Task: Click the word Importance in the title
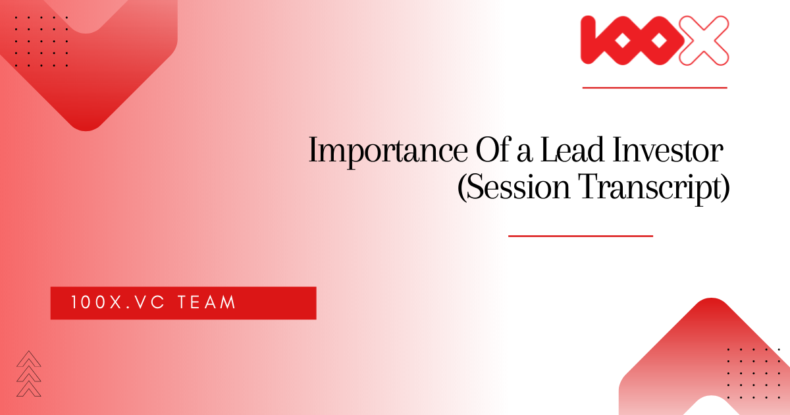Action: (388, 151)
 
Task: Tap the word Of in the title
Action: (492, 150)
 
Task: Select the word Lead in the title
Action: (572, 150)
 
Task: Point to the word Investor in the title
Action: (668, 150)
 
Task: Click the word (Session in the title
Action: (513, 186)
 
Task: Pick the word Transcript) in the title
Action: (654, 188)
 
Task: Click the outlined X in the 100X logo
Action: (704, 41)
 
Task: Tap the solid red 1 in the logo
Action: (589, 40)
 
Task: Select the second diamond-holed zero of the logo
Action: (658, 41)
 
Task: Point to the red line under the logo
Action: (654, 88)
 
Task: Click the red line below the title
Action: (581, 236)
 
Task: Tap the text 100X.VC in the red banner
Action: (118, 302)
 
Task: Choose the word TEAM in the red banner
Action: (207, 302)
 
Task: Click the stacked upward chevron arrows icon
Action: (28, 373)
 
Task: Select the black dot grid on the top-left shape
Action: (41, 41)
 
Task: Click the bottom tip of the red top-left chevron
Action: (86, 131)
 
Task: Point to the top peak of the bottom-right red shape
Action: (712, 298)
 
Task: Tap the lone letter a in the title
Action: (525, 154)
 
